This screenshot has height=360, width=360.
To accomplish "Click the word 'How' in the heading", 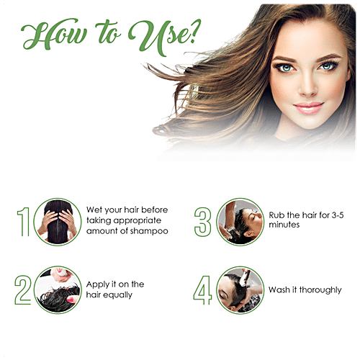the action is pyautogui.click(x=54, y=34).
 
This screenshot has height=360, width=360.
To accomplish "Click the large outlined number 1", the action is pyautogui.click(x=24, y=222).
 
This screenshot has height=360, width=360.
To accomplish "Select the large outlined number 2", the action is pyautogui.click(x=23, y=290).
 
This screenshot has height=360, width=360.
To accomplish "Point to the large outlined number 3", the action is pyautogui.click(x=203, y=222).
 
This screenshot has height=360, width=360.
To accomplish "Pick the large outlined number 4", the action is pyautogui.click(x=202, y=290).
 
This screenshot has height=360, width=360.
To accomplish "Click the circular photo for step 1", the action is pyautogui.click(x=58, y=222).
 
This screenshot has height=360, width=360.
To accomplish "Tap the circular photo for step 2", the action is pyautogui.click(x=58, y=290).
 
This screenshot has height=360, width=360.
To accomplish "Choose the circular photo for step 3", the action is pyautogui.click(x=240, y=222).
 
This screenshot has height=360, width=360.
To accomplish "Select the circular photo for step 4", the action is pyautogui.click(x=240, y=290).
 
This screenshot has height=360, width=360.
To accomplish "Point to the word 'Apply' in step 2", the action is pyautogui.click(x=98, y=285).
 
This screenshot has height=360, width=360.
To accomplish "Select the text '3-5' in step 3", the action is pyautogui.click(x=338, y=215).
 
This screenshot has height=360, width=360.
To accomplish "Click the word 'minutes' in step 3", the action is pyautogui.click(x=284, y=225).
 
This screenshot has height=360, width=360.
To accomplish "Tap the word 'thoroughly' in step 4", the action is pyautogui.click(x=320, y=290).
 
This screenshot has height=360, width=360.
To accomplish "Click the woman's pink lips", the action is pyautogui.click(x=308, y=107).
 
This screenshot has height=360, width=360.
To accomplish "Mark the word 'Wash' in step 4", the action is pyautogui.click(x=279, y=289).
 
